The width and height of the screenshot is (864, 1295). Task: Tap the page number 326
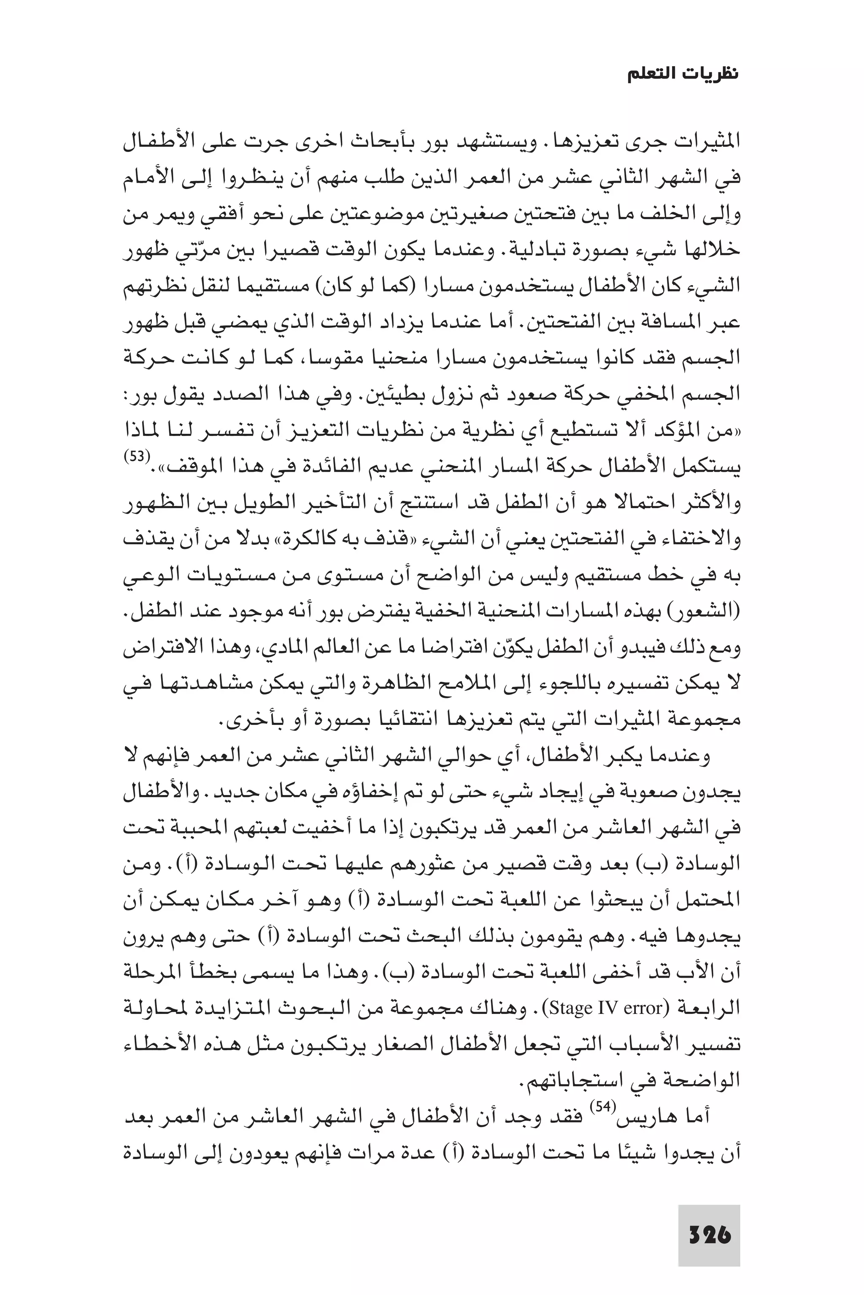(709, 1219)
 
